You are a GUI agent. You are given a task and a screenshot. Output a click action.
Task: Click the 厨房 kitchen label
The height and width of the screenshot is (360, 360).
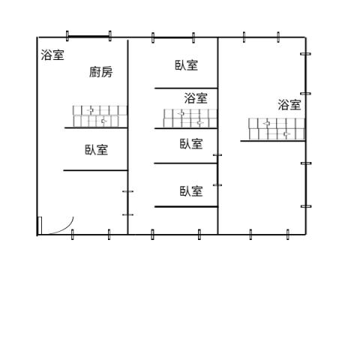coord(100,72)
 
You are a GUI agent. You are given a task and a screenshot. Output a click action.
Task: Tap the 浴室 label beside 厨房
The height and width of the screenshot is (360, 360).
coord(52,55)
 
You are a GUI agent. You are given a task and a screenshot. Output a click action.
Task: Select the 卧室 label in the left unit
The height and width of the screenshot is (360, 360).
coord(97,150)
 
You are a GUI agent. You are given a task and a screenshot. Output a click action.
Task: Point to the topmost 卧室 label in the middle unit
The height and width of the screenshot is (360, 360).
coord(186,65)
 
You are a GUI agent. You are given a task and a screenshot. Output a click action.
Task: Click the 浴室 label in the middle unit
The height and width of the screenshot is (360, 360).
coord(196,98)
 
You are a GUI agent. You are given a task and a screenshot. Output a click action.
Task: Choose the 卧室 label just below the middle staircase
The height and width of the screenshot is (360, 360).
coord(191,144)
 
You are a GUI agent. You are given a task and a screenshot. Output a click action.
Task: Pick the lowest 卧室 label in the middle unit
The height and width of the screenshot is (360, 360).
coord(191,191)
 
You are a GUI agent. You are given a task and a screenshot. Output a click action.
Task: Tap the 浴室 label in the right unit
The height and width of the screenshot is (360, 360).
coord(289,104)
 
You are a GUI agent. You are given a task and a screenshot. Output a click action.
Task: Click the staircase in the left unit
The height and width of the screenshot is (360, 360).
coord(100,116)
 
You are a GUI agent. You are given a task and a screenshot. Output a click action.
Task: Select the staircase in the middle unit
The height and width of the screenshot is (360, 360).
coord(190,118)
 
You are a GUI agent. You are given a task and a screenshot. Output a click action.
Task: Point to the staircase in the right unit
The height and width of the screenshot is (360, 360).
coord(277,129)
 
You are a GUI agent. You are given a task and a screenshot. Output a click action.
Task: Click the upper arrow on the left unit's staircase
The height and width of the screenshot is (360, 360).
coord(90,110)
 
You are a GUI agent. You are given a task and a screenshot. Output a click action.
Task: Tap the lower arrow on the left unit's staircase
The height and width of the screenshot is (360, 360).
coord(104,121)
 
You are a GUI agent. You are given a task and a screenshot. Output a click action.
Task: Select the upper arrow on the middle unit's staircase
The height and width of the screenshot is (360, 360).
coord(181,113)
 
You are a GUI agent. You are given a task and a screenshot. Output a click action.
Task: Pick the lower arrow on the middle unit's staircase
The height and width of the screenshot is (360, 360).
coord(200,123)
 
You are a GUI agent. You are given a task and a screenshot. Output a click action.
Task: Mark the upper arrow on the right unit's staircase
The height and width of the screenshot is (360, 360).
coord(267,123)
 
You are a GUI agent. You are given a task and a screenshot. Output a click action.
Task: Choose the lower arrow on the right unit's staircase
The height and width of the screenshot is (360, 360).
coord(286,134)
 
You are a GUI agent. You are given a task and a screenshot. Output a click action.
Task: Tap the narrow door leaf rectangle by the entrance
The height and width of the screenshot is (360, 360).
coord(40,226)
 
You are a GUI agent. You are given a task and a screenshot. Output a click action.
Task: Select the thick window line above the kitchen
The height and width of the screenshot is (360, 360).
coord(88,37)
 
